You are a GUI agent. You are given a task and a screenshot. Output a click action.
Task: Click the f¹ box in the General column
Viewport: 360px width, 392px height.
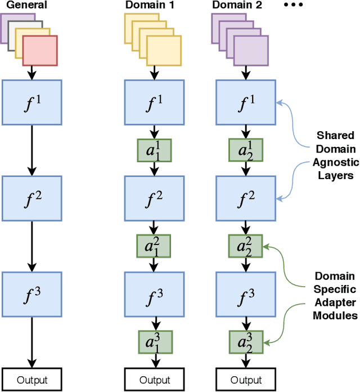31,103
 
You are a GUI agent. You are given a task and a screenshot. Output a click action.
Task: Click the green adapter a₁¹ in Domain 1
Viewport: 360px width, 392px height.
154,150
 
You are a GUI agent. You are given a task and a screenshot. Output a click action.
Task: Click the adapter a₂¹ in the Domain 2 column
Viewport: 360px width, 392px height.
246,150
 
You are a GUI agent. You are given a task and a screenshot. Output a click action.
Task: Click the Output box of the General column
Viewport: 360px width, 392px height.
31,380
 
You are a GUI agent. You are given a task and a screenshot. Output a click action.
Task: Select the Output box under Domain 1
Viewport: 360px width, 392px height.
154,380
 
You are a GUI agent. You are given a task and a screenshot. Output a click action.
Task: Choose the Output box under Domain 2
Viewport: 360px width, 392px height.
246,380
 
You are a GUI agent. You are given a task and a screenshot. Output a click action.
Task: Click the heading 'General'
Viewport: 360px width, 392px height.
24,6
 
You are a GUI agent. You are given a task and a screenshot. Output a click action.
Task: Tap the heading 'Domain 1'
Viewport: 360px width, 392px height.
148,6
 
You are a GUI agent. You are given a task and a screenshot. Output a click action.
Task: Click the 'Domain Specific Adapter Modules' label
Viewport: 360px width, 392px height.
335,296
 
